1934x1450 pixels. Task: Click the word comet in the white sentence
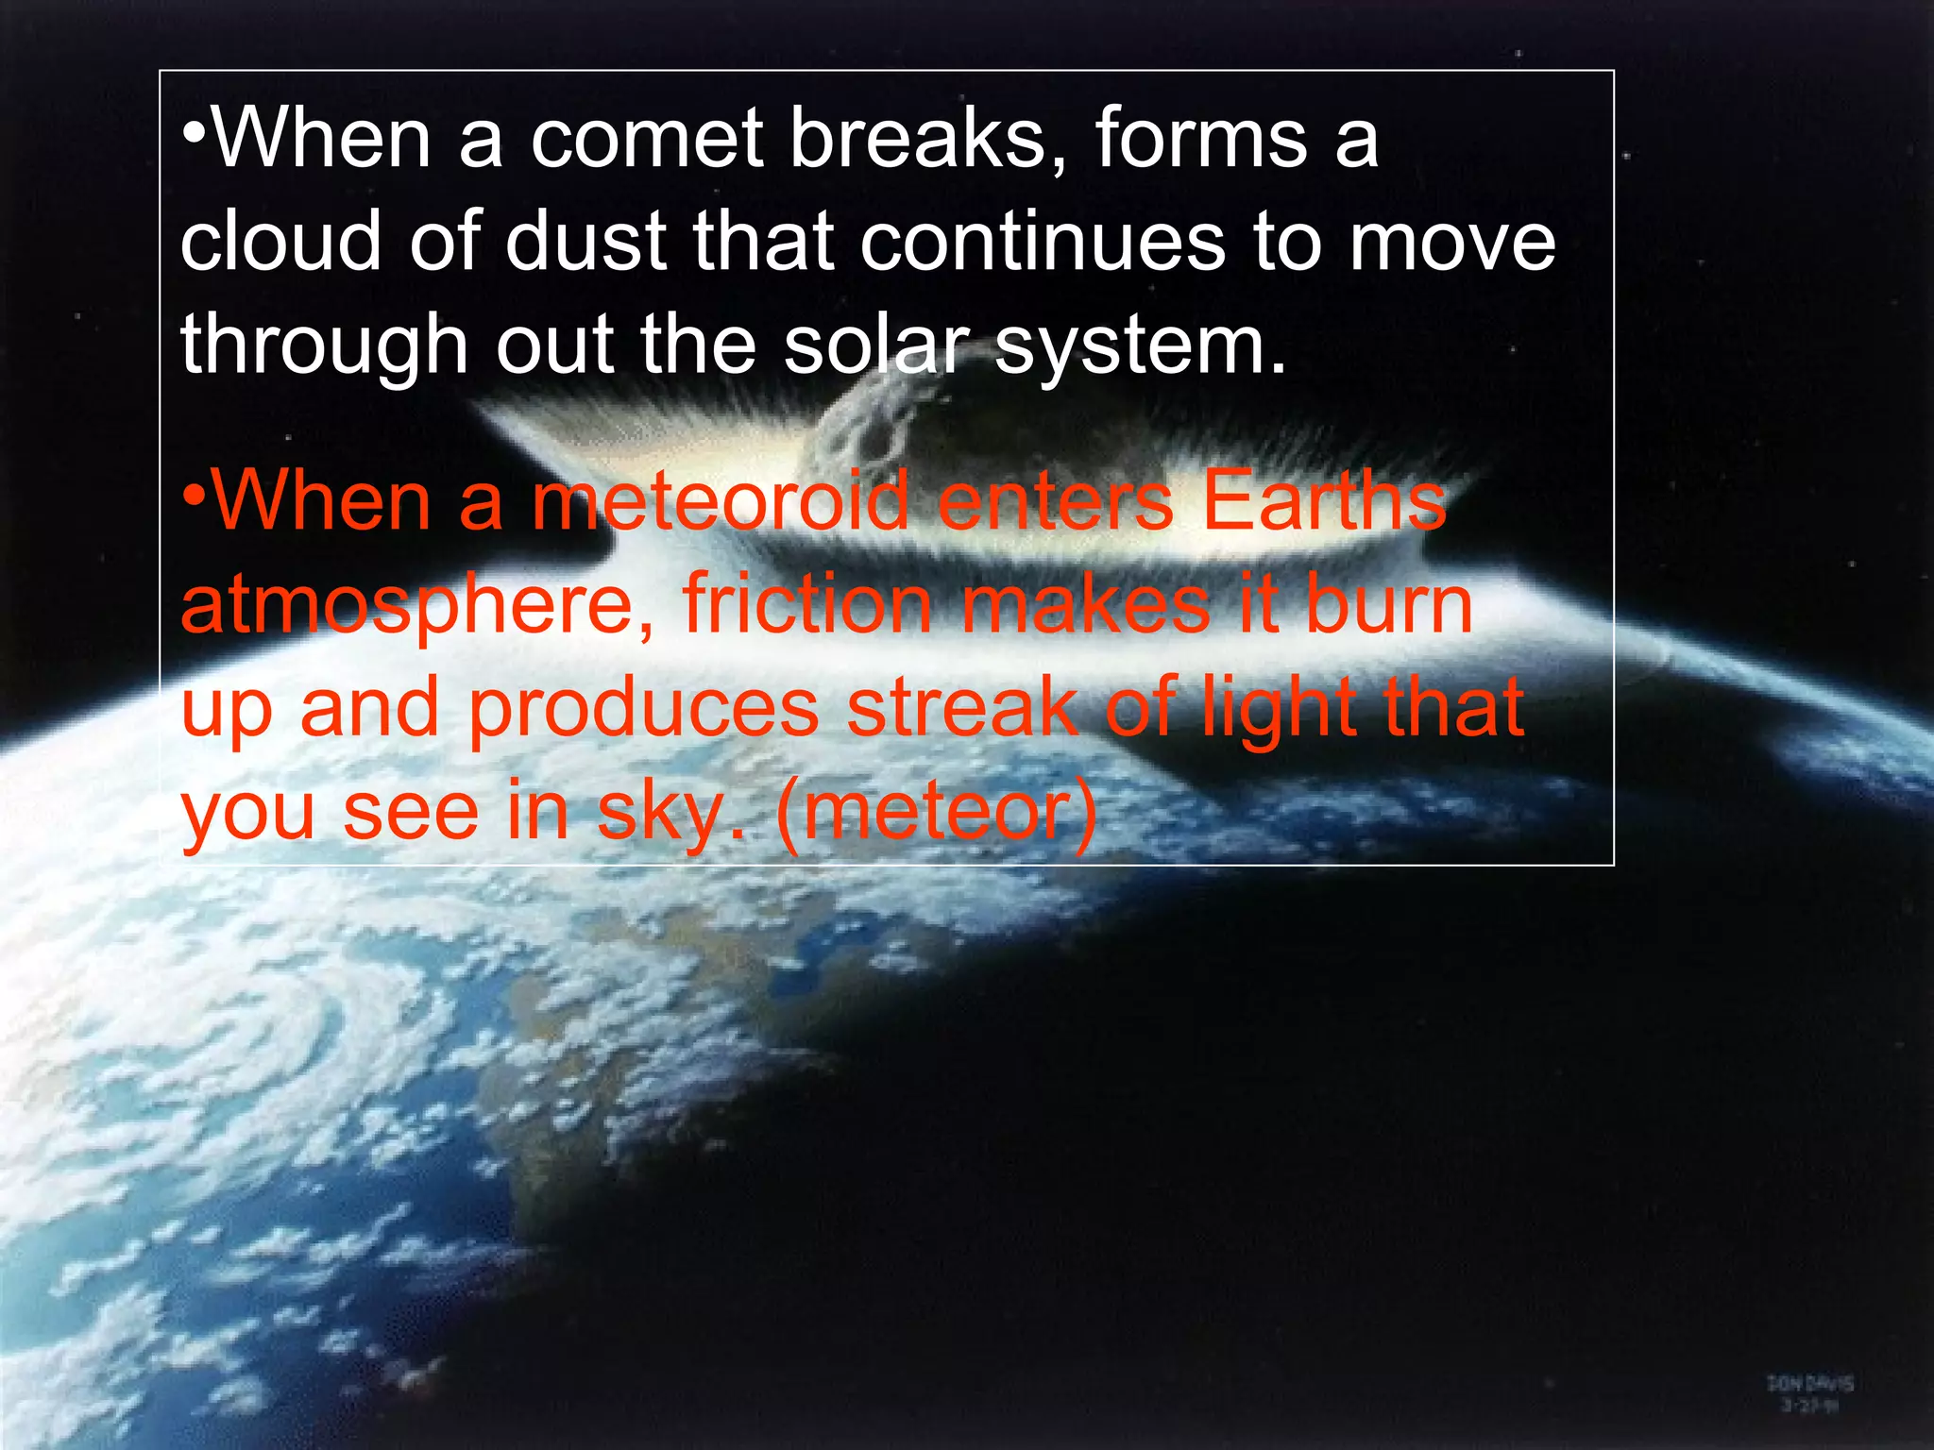(x=647, y=140)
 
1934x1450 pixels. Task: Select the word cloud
(x=280, y=242)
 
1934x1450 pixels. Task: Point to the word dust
(x=585, y=242)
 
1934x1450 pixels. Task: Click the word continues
(x=1042, y=242)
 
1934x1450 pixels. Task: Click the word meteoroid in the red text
(x=720, y=501)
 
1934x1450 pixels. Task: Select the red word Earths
(x=1324, y=501)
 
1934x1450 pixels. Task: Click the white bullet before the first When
(x=195, y=132)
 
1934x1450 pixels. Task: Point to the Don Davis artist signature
(x=1809, y=1393)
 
